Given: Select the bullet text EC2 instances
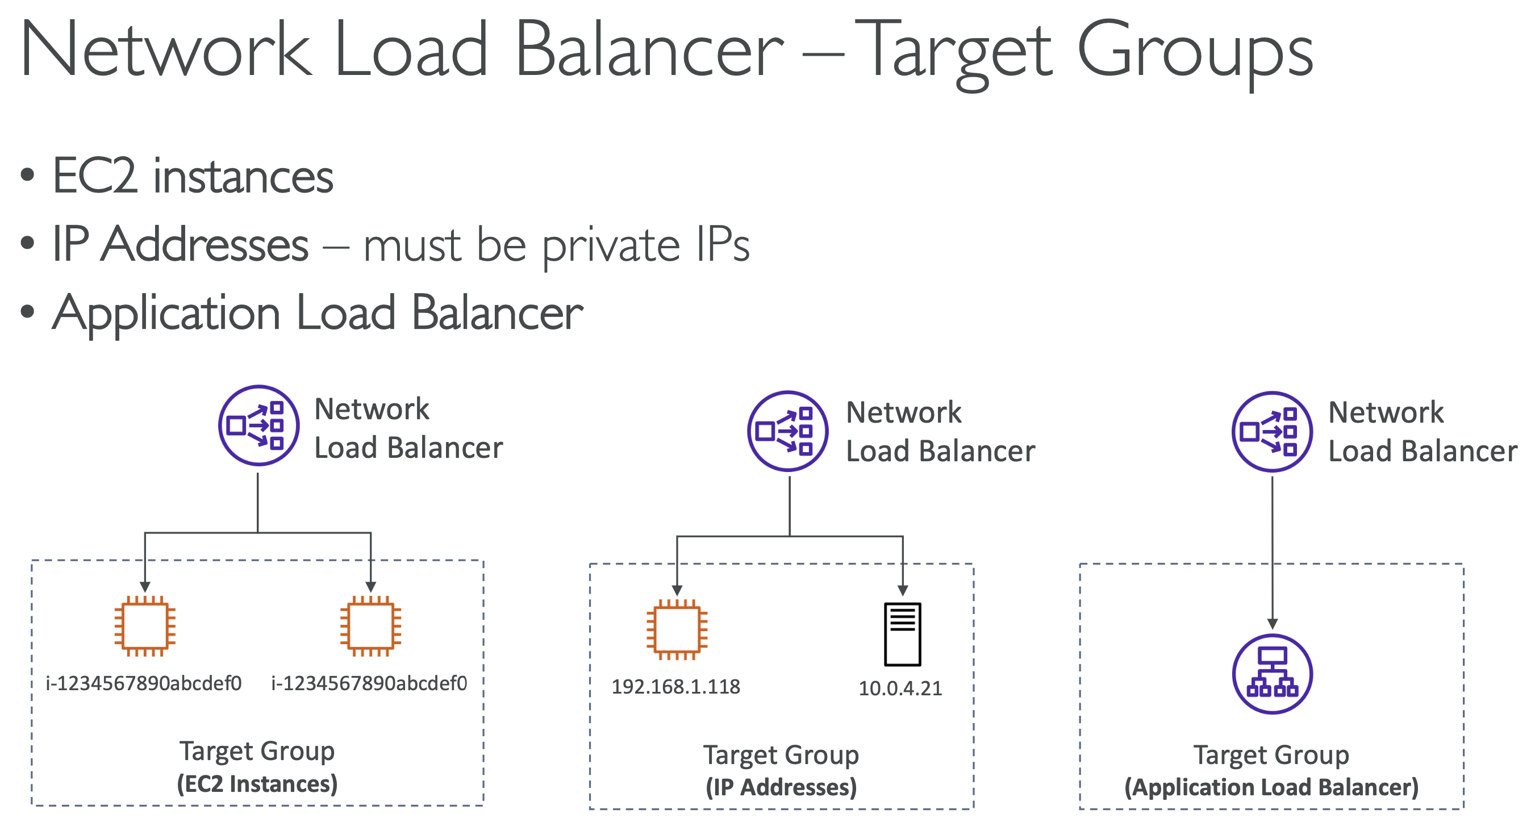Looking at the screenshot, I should (x=193, y=176).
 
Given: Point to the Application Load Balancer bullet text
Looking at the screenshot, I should (x=318, y=313).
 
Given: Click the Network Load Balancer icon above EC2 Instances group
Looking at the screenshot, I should (x=258, y=425).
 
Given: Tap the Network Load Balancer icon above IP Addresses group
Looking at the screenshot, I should (x=787, y=431).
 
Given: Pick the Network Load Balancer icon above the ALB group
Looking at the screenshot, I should (x=1271, y=431).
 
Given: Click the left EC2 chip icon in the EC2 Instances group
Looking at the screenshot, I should (x=145, y=625).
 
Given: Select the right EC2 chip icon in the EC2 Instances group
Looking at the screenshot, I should (x=370, y=625).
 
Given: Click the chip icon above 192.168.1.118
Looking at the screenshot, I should (x=677, y=629).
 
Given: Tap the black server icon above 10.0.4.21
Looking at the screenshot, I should (x=902, y=634).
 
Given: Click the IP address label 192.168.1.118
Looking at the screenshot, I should (x=675, y=686).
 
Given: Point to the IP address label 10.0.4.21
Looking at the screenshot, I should (x=900, y=688).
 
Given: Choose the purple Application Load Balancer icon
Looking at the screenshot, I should (x=1271, y=674).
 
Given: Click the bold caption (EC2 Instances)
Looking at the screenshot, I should (x=257, y=783).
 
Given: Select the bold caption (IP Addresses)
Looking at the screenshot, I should (x=781, y=787).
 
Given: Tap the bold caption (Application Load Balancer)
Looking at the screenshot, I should (x=1271, y=787).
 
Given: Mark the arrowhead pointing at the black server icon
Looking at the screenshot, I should (x=902, y=590).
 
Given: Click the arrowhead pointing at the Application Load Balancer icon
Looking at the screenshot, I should (x=1271, y=624).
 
